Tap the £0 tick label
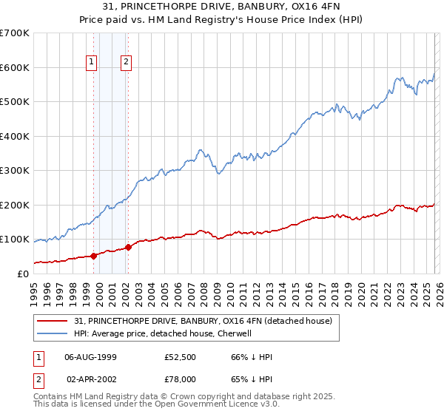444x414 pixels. pyautogui.click(x=24, y=274)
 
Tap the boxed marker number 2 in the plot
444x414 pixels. pyautogui.click(x=127, y=63)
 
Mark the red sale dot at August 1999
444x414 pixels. pyautogui.click(x=94, y=256)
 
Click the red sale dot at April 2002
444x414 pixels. pyautogui.click(x=128, y=247)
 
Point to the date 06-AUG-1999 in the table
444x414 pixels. pyautogui.click(x=90, y=357)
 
